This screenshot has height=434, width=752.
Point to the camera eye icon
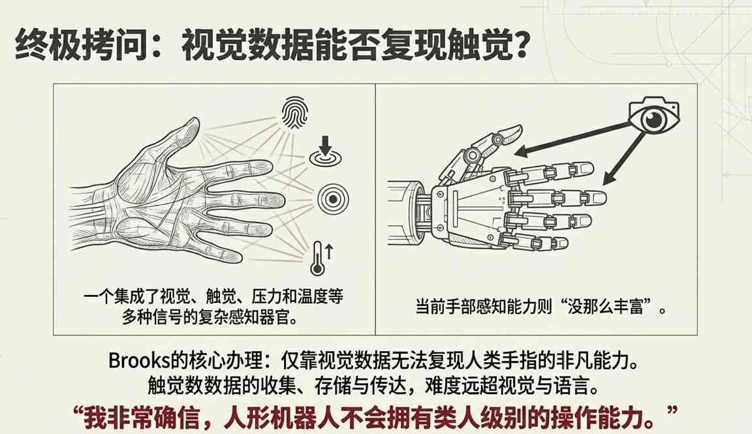click(x=653, y=119)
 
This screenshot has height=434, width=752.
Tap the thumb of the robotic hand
click(x=489, y=144)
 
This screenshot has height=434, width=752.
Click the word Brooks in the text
click(x=136, y=361)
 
